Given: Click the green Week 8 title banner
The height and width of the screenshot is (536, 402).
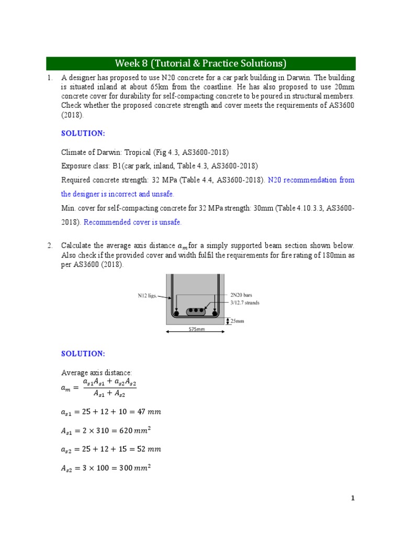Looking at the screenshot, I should pyautogui.click(x=200, y=63).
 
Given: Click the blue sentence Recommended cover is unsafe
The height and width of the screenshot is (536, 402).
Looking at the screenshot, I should pyautogui.click(x=133, y=222).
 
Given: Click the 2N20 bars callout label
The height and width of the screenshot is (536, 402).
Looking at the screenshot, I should pyautogui.click(x=241, y=295).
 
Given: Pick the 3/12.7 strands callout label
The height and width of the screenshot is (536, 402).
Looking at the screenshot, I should pyautogui.click(x=244, y=303).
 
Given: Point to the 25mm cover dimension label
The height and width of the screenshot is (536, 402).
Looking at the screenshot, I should pyautogui.click(x=237, y=321).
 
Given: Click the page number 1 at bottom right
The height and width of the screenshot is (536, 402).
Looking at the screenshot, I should pyautogui.click(x=353, y=498).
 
